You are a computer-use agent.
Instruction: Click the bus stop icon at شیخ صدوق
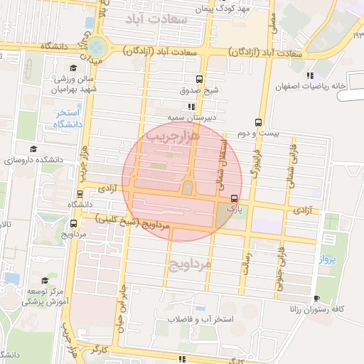coord(199,79)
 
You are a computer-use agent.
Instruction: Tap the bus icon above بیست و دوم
coord(257,122)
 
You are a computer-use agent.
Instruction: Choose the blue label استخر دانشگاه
coord(69,119)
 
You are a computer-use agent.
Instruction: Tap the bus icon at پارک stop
coord(234,198)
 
